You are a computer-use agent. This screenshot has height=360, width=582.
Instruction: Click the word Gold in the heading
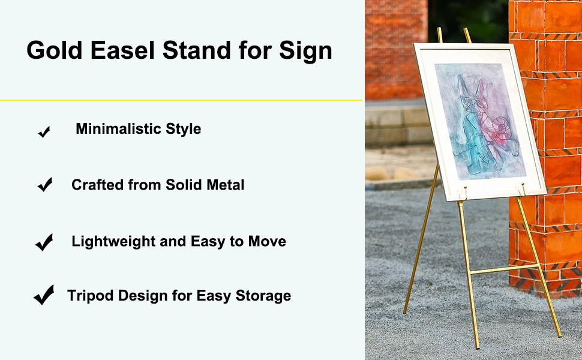click(54, 50)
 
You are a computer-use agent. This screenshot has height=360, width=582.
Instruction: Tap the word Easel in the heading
click(122, 50)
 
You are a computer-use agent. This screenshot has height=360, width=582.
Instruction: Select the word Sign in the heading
click(305, 51)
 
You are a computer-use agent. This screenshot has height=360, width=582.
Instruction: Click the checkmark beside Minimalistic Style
click(44, 132)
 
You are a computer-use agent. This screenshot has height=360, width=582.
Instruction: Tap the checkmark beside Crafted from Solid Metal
click(45, 184)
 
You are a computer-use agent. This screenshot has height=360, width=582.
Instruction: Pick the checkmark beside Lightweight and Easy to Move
click(44, 242)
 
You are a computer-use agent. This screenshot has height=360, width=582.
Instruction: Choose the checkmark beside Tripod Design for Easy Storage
click(44, 295)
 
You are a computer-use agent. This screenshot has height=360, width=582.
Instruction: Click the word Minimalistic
click(118, 129)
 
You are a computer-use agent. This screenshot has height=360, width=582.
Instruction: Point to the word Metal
click(226, 185)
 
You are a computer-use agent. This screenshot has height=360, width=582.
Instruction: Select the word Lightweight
click(113, 242)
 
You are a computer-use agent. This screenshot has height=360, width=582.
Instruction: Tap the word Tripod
click(90, 296)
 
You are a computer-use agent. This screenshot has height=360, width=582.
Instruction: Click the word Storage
click(263, 296)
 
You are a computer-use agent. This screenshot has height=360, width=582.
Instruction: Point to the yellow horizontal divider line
click(181, 100)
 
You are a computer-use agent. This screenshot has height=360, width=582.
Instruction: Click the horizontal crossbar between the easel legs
click(503, 269)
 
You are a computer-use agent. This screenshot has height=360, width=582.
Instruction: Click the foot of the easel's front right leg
click(559, 335)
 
